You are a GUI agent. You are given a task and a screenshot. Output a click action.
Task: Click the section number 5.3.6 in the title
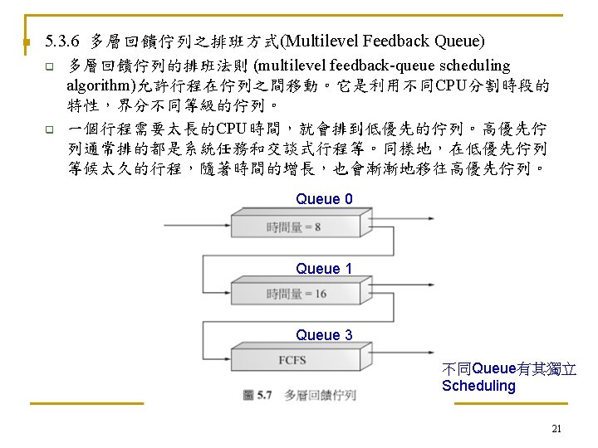63,41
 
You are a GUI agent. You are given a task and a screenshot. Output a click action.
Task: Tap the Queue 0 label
324,199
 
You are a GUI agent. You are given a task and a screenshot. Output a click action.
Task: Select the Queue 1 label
324,269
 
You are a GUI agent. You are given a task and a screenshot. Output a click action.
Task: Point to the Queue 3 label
324,335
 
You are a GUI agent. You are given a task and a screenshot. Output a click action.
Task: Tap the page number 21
556,429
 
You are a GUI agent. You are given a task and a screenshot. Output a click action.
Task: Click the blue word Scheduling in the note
478,386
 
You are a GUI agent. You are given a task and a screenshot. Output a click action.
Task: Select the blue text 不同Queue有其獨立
509,369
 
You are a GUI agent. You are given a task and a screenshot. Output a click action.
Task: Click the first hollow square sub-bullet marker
49,66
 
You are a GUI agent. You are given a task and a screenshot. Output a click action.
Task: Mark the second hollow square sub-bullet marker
49,129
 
